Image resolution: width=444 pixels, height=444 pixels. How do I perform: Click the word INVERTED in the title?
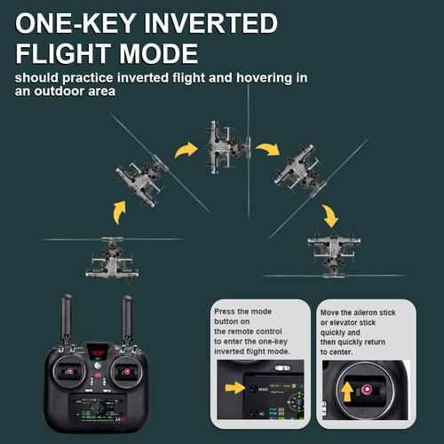coord(210,23)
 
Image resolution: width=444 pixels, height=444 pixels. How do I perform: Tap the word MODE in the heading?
coord(158,53)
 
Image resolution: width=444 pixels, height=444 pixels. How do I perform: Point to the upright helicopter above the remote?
coord(113,259)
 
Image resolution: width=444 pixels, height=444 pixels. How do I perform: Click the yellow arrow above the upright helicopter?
coord(120,212)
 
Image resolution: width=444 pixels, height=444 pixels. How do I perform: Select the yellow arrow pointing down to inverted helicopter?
coord(330,216)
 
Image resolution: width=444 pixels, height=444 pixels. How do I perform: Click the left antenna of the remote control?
coord(66,319)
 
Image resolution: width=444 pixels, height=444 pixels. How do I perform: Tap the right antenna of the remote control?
coord(127,320)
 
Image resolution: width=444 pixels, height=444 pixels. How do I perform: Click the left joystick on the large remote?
coord(70,371)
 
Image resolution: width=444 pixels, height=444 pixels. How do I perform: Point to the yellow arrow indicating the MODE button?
coord(235,387)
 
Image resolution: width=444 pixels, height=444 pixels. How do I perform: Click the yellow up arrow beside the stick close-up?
coord(347,391)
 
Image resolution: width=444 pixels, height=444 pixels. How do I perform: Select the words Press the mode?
coord(242,312)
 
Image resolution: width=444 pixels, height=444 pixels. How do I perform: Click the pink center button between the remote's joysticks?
coord(98,376)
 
